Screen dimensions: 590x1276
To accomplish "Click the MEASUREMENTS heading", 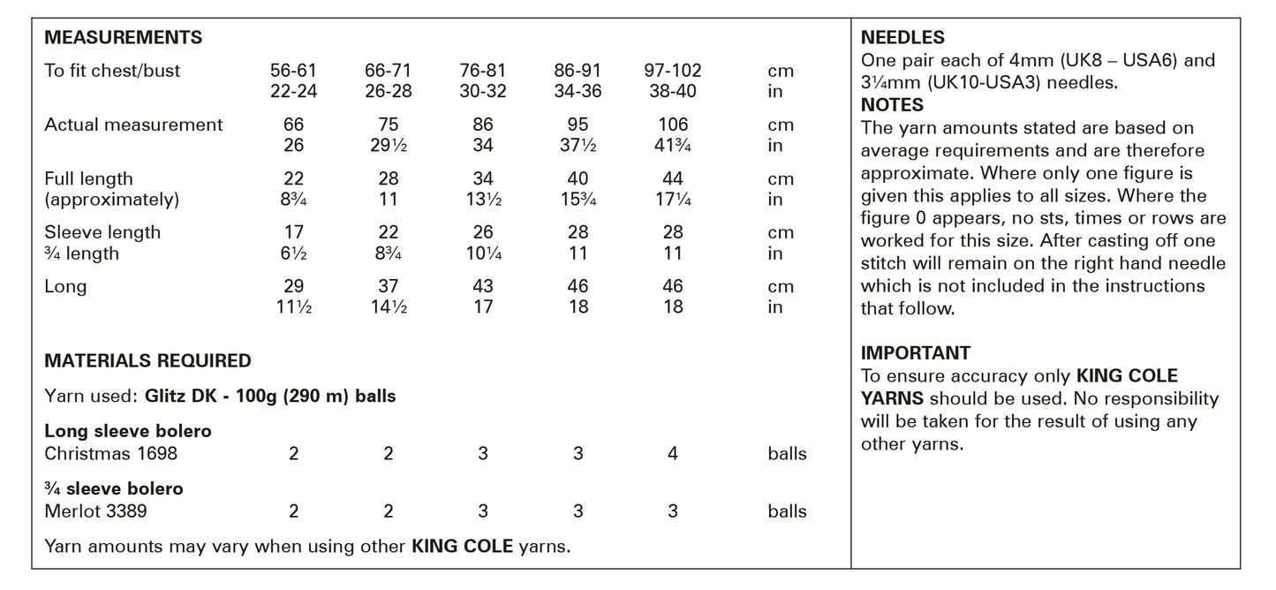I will coord(123,38).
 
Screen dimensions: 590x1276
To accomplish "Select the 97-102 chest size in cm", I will coord(673,71).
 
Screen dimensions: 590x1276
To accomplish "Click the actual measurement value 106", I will coord(673,125).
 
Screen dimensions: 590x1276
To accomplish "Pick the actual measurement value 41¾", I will coord(673,146).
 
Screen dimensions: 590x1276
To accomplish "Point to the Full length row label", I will coord(88,178).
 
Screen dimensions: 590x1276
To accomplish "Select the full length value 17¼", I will coord(673,200).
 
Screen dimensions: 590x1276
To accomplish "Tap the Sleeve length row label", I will coord(102,232).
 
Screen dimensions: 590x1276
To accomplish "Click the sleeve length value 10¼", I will coord(483,253).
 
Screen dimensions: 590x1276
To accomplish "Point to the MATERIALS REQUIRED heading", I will coord(147,360).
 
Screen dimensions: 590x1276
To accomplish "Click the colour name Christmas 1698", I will coord(110,454).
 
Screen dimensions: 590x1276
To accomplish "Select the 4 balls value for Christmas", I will coord(673,454).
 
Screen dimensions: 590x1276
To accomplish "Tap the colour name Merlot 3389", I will coord(95,511).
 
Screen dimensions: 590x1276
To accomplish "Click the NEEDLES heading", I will coord(902,38).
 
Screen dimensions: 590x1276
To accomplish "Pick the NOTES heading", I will coord(892,105).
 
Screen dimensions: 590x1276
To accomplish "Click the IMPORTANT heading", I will coord(916,352).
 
